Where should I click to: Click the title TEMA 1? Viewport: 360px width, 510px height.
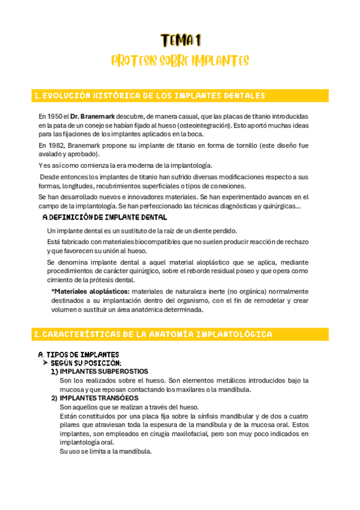coord(180,40)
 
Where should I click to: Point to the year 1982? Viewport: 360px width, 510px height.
coord(55,146)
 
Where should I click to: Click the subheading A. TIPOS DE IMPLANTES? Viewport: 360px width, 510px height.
coord(78,354)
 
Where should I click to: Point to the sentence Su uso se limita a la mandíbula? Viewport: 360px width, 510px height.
coord(106,451)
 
